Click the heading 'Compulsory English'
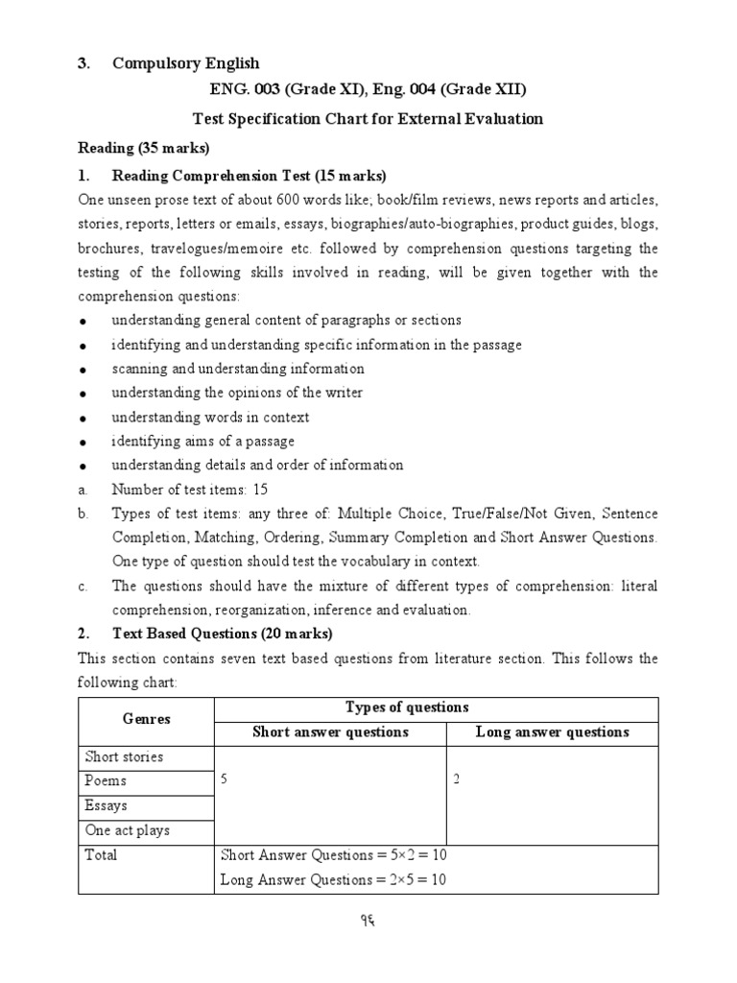(x=185, y=63)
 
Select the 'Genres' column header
(x=146, y=719)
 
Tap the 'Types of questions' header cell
(x=407, y=707)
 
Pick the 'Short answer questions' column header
(x=330, y=732)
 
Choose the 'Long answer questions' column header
(x=553, y=732)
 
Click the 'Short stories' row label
(x=124, y=756)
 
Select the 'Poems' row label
(x=106, y=781)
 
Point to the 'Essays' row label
(x=107, y=805)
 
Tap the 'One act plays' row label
(x=127, y=830)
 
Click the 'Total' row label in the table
(x=101, y=854)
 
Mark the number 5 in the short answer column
(x=225, y=780)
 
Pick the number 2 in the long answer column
(x=457, y=780)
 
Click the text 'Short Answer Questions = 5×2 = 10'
(x=334, y=854)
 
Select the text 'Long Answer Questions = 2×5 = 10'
(x=333, y=878)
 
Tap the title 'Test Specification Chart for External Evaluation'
(x=368, y=119)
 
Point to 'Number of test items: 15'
(x=189, y=490)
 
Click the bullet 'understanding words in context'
(x=210, y=418)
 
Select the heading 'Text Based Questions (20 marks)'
(x=222, y=634)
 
